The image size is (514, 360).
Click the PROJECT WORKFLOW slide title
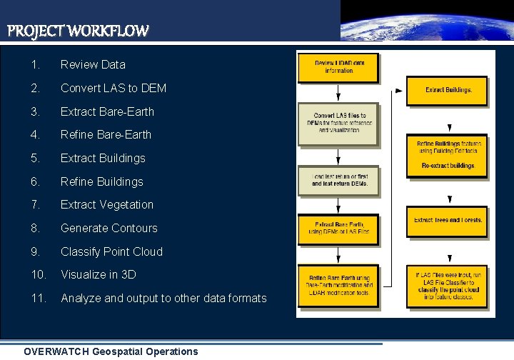(78, 31)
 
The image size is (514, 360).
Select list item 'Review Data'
(93, 64)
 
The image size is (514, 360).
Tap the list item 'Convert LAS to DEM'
(114, 88)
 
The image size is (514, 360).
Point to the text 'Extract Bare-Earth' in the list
(107, 111)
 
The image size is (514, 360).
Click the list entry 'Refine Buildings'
(102, 181)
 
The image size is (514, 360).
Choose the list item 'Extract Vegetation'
(107, 204)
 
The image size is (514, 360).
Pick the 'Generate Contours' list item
(109, 228)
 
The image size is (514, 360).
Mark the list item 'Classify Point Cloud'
(111, 251)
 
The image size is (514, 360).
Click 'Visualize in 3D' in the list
(99, 274)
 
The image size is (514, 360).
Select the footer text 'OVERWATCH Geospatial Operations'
(111, 351)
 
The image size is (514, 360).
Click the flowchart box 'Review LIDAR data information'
(338, 67)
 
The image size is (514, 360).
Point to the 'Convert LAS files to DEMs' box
(338, 123)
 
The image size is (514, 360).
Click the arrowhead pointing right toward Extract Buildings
(398, 91)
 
